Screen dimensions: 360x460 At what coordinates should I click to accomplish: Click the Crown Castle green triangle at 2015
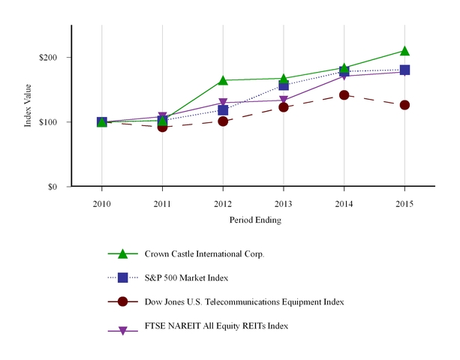click(404, 51)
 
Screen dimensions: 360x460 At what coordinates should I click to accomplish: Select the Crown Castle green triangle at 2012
click(223, 80)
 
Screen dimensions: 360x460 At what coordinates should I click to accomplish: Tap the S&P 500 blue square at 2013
click(284, 85)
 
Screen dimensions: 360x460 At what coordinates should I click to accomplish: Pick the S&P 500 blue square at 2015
click(404, 70)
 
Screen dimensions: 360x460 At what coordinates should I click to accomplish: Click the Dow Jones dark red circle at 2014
click(344, 95)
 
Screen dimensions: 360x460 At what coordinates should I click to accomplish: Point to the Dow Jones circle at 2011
click(163, 127)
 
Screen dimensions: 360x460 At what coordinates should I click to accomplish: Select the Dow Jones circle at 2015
click(404, 105)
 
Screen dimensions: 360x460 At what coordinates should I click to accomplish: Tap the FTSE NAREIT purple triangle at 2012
click(223, 103)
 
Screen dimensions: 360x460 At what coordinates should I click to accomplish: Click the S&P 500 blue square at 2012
click(223, 110)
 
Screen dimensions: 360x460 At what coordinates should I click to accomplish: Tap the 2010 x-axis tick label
click(102, 203)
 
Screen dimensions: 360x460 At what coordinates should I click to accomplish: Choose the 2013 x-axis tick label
click(284, 203)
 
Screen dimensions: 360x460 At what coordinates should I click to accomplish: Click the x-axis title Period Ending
click(255, 220)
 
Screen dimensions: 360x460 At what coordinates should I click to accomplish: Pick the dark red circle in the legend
click(123, 301)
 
